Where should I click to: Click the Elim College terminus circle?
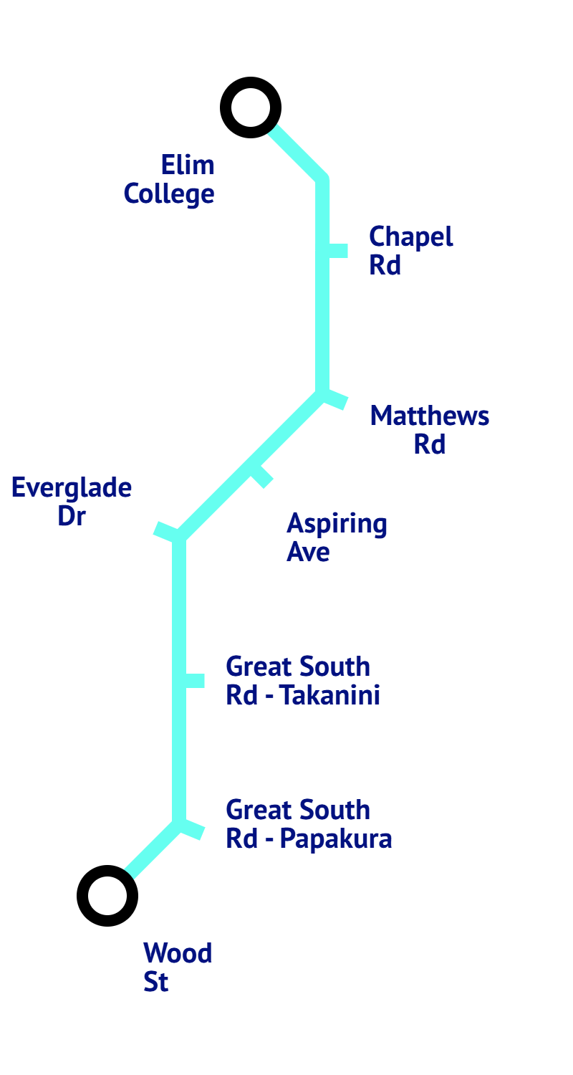(x=250, y=107)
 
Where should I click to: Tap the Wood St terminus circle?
(x=107, y=896)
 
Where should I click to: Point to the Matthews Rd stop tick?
(x=335, y=400)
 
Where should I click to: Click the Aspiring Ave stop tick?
(x=261, y=476)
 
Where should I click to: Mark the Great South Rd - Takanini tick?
(x=194, y=681)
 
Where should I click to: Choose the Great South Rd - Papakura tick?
(x=192, y=830)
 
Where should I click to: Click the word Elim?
(x=188, y=166)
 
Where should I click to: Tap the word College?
(x=169, y=194)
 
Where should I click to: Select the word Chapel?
(x=411, y=237)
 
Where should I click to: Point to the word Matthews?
(x=430, y=416)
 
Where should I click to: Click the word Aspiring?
(x=337, y=525)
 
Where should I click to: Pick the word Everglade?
(x=72, y=489)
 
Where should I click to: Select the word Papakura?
(x=336, y=839)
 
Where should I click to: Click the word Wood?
(x=178, y=954)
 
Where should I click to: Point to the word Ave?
(x=308, y=553)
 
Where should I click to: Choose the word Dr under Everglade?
(x=72, y=517)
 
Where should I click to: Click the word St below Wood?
(x=156, y=983)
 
